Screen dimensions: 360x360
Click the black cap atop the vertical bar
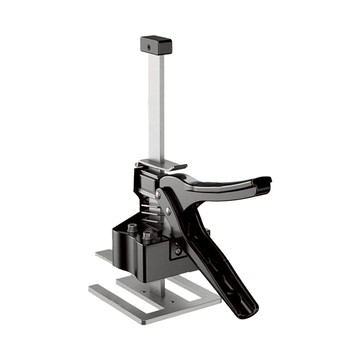(x=152, y=45)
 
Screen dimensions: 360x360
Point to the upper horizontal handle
(x=225, y=186)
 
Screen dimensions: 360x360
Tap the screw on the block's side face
(x=178, y=250)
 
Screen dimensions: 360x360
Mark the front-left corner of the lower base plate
(x=93, y=291)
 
